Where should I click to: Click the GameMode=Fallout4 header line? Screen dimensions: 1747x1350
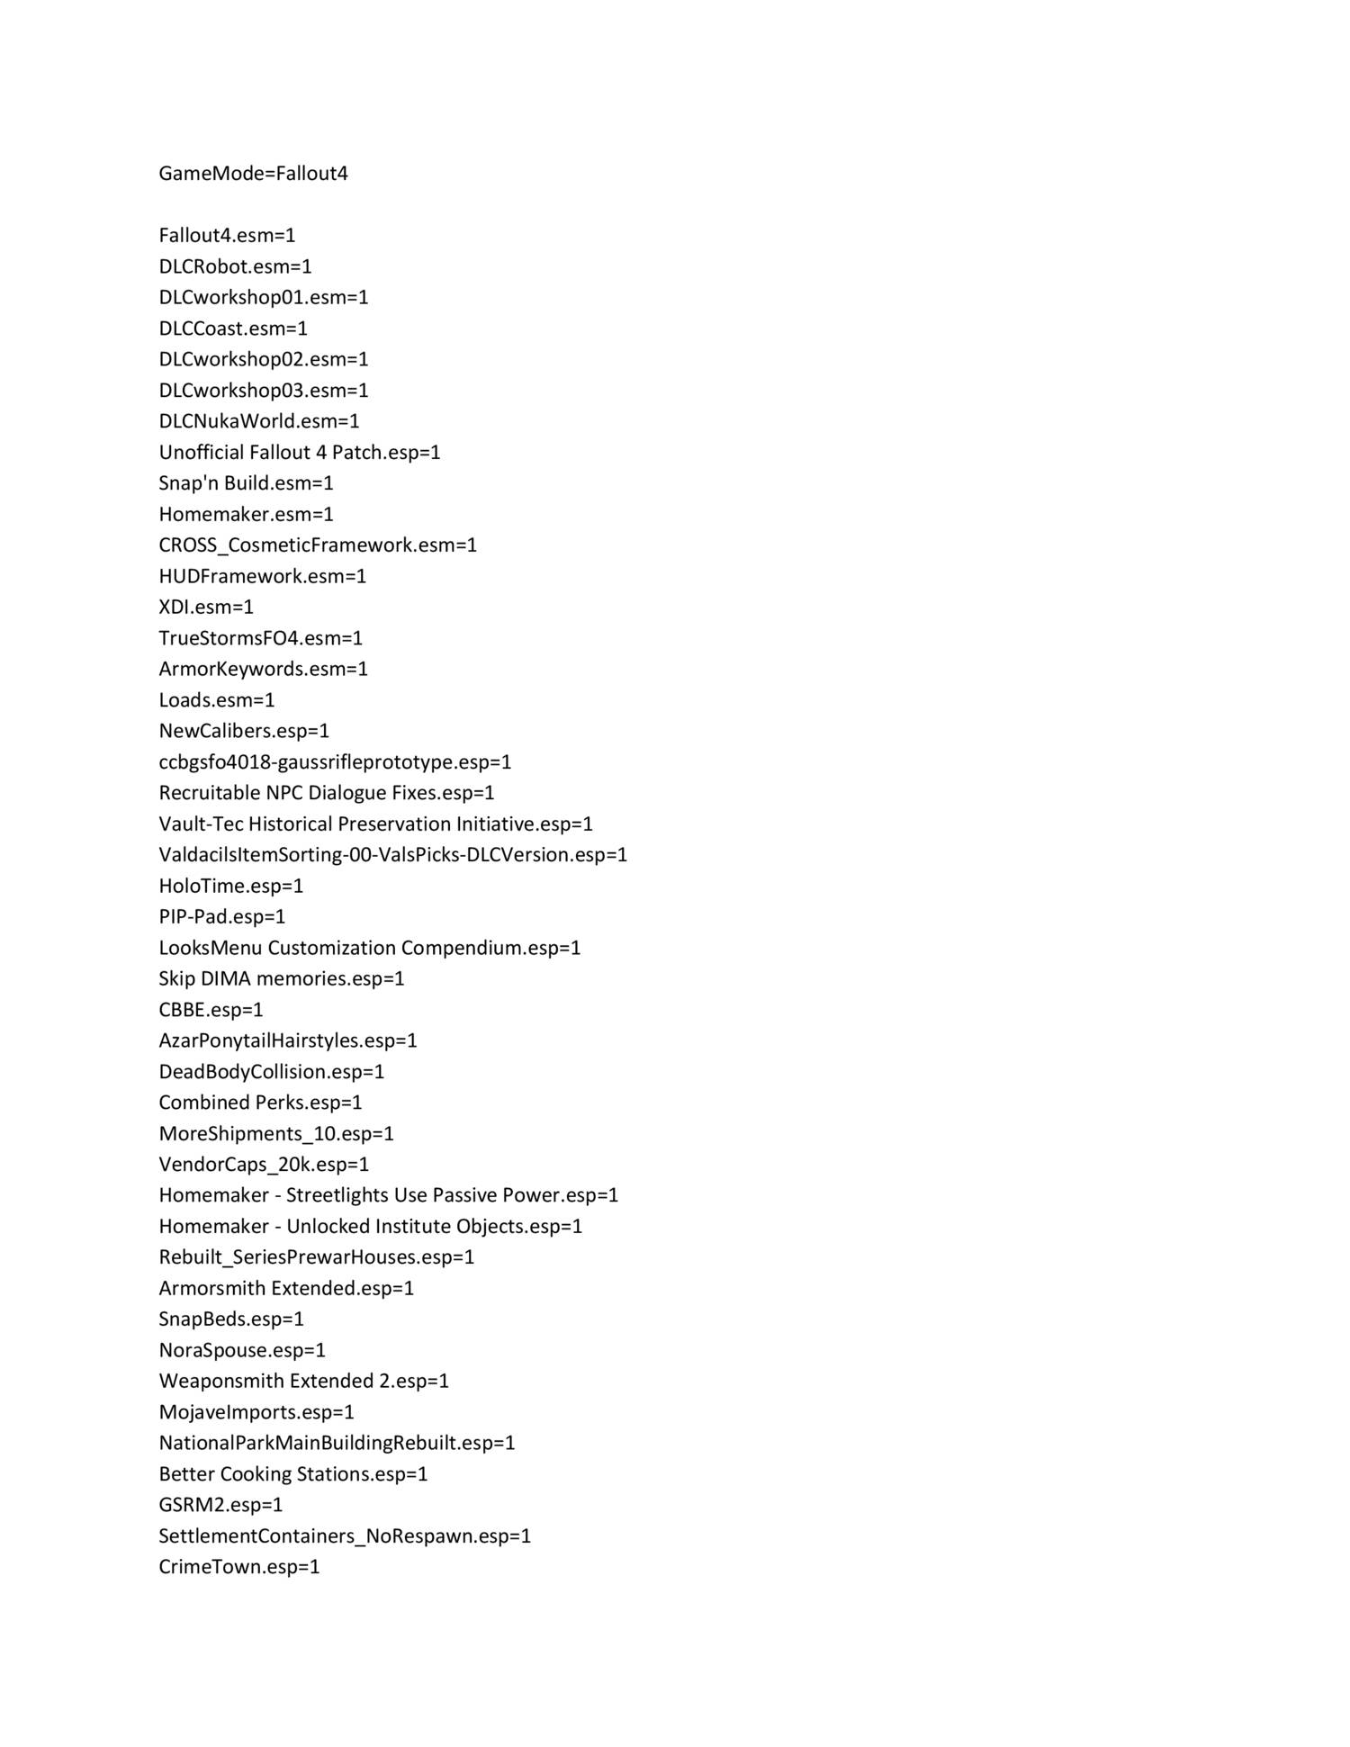(x=253, y=174)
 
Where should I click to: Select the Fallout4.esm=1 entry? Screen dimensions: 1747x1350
(x=227, y=236)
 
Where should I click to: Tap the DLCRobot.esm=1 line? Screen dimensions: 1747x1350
(x=235, y=266)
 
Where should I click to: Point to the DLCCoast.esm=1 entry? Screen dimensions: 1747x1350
(x=233, y=329)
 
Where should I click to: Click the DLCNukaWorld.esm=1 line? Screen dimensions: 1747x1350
(x=259, y=421)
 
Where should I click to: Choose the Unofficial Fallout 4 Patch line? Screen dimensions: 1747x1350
(x=300, y=452)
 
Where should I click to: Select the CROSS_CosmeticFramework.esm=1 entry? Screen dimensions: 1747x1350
(x=318, y=545)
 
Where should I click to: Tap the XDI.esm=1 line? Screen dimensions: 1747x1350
(x=206, y=607)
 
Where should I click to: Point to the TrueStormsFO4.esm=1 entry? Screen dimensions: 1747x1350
(x=261, y=638)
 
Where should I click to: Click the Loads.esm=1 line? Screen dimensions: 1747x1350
(x=217, y=700)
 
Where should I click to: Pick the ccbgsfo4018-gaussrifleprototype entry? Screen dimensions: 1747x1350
(x=335, y=762)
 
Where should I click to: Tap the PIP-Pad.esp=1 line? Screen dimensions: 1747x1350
(x=221, y=917)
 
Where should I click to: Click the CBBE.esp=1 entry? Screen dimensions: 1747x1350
(x=211, y=1010)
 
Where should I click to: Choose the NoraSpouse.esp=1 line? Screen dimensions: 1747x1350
(x=242, y=1350)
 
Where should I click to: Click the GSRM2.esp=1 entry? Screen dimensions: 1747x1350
(x=220, y=1505)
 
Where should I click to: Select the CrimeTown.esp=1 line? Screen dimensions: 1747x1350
(x=239, y=1567)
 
